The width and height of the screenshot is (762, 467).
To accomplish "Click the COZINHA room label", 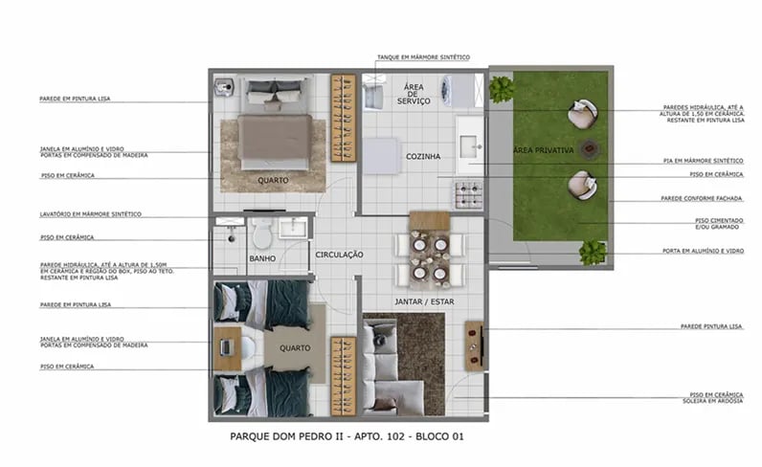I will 422,156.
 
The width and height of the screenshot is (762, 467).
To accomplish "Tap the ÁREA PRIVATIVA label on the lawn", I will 543,151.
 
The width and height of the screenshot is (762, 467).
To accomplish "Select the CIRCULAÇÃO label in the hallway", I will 340,255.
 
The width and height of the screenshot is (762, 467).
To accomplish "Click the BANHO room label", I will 262,258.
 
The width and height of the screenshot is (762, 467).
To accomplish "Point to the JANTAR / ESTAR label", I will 424,301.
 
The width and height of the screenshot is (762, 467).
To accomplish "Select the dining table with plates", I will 429,252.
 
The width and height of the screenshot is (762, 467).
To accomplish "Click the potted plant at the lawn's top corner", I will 502,89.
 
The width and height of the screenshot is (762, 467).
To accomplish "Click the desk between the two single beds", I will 229,348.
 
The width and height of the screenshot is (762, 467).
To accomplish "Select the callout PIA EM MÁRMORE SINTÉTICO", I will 704,161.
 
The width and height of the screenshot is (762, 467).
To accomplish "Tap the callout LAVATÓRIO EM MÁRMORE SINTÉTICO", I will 90,213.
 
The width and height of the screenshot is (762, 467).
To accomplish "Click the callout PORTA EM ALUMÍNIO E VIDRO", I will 706,251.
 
